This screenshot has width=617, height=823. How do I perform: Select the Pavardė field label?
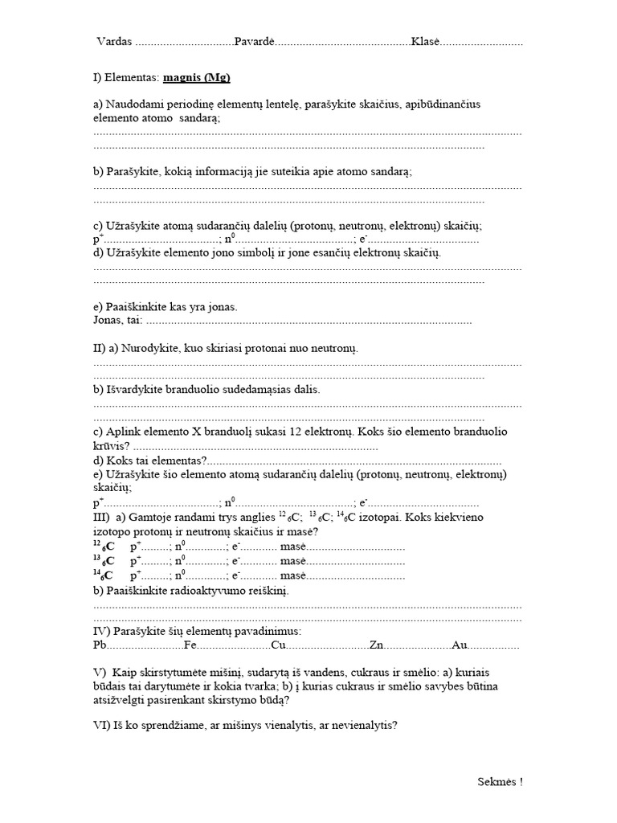pos(255,42)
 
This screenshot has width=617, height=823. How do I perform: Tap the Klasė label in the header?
pos(426,42)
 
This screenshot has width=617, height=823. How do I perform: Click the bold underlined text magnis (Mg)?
pos(197,78)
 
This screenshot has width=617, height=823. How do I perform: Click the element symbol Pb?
pos(100,645)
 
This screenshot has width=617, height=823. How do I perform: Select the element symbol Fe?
pos(190,645)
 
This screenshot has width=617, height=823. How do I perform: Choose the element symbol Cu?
pos(279,645)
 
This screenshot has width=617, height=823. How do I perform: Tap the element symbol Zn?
pos(375,645)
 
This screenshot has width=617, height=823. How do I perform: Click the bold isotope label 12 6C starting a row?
pos(104,547)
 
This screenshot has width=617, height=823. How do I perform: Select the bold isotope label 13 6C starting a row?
pos(104,561)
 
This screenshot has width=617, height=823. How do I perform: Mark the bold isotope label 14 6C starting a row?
pos(104,575)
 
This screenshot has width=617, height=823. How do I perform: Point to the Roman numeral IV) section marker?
pos(102,631)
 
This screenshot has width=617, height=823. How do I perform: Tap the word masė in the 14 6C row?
pos(293,575)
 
